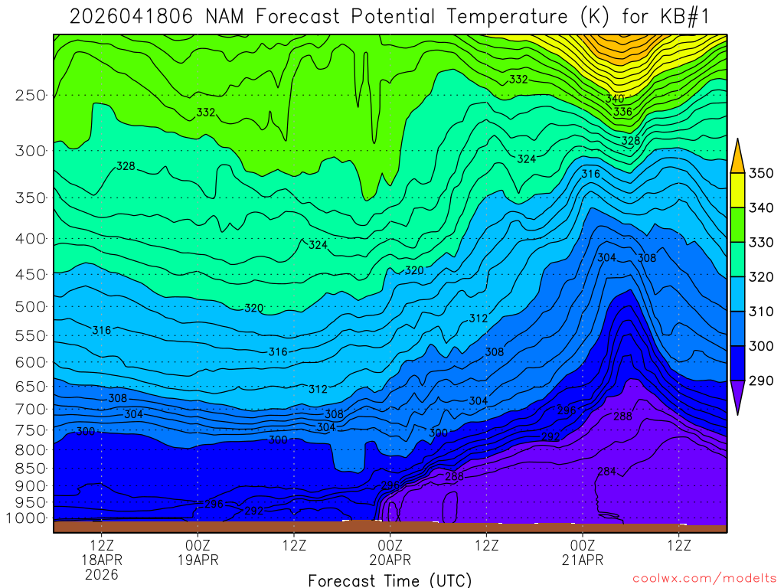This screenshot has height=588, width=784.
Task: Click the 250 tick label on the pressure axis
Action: pyautogui.click(x=31, y=96)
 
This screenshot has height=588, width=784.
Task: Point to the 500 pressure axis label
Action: pyautogui.click(x=31, y=306)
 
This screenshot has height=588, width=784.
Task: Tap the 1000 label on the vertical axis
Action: pyautogui.click(x=28, y=518)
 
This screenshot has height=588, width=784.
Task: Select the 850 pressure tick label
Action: pyautogui.click(x=31, y=466)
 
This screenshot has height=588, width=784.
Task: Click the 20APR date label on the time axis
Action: pyautogui.click(x=390, y=560)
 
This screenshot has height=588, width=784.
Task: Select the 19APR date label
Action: pyautogui.click(x=198, y=560)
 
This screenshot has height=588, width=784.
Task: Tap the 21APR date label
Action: pyautogui.click(x=583, y=560)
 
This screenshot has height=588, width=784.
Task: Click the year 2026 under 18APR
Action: pyautogui.click(x=102, y=574)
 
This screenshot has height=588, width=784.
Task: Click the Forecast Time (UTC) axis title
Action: pyautogui.click(x=390, y=580)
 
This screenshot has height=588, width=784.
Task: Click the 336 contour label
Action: pyautogui.click(x=622, y=112)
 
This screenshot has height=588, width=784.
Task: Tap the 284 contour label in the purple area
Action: pyautogui.click(x=606, y=471)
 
